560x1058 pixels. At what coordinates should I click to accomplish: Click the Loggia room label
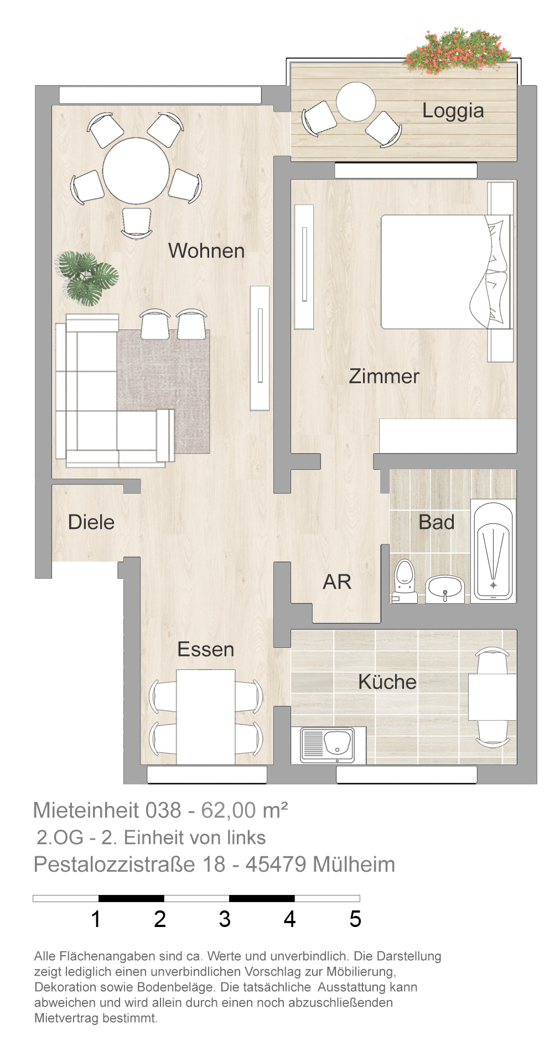[x=453, y=111]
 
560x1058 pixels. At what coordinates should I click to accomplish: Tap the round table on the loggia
[x=356, y=102]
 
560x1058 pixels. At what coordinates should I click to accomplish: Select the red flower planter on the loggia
[x=457, y=50]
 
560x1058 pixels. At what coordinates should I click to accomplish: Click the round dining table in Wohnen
[x=136, y=171]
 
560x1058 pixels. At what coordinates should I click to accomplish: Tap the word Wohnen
[x=206, y=251]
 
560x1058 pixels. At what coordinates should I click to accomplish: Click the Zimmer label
[x=384, y=376]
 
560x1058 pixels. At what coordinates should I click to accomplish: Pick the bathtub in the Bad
[x=493, y=551]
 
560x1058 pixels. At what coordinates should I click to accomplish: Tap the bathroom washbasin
[x=444, y=589]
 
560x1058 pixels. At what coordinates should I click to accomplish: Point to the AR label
[x=337, y=582]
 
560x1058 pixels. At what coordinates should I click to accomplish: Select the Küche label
[x=387, y=682]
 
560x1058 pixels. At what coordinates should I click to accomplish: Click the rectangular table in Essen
[x=206, y=717]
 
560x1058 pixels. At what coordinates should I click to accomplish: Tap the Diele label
[x=91, y=522]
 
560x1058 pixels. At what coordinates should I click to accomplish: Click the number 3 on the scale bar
[x=225, y=919]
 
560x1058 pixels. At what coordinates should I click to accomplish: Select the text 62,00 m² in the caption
[x=245, y=810]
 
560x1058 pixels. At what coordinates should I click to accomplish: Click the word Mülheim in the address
[x=354, y=865]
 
